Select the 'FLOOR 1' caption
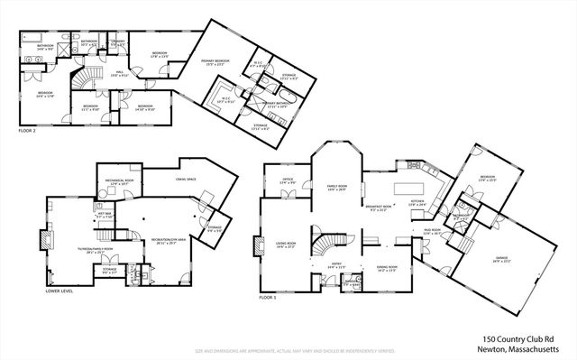[x=268, y=296]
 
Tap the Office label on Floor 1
[x=288, y=180]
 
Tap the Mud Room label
[x=431, y=232]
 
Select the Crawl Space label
[x=186, y=179]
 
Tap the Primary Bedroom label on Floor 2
[x=215, y=60]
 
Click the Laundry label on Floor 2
[x=117, y=42]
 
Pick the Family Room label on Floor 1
[x=337, y=188]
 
